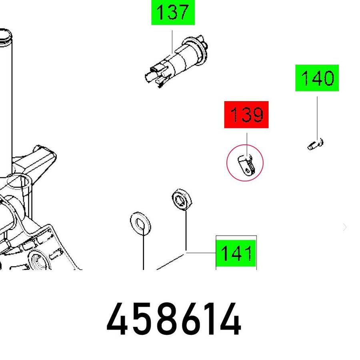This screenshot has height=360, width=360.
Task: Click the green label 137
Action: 173,12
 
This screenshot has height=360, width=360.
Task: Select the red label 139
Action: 246,114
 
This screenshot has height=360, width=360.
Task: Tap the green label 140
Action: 317,78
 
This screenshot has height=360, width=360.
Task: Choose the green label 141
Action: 236,253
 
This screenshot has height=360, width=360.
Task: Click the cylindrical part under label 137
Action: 176,62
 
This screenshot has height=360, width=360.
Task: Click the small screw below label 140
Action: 316,144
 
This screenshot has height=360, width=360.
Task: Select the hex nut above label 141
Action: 182,199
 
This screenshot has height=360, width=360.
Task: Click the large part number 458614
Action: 174,319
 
